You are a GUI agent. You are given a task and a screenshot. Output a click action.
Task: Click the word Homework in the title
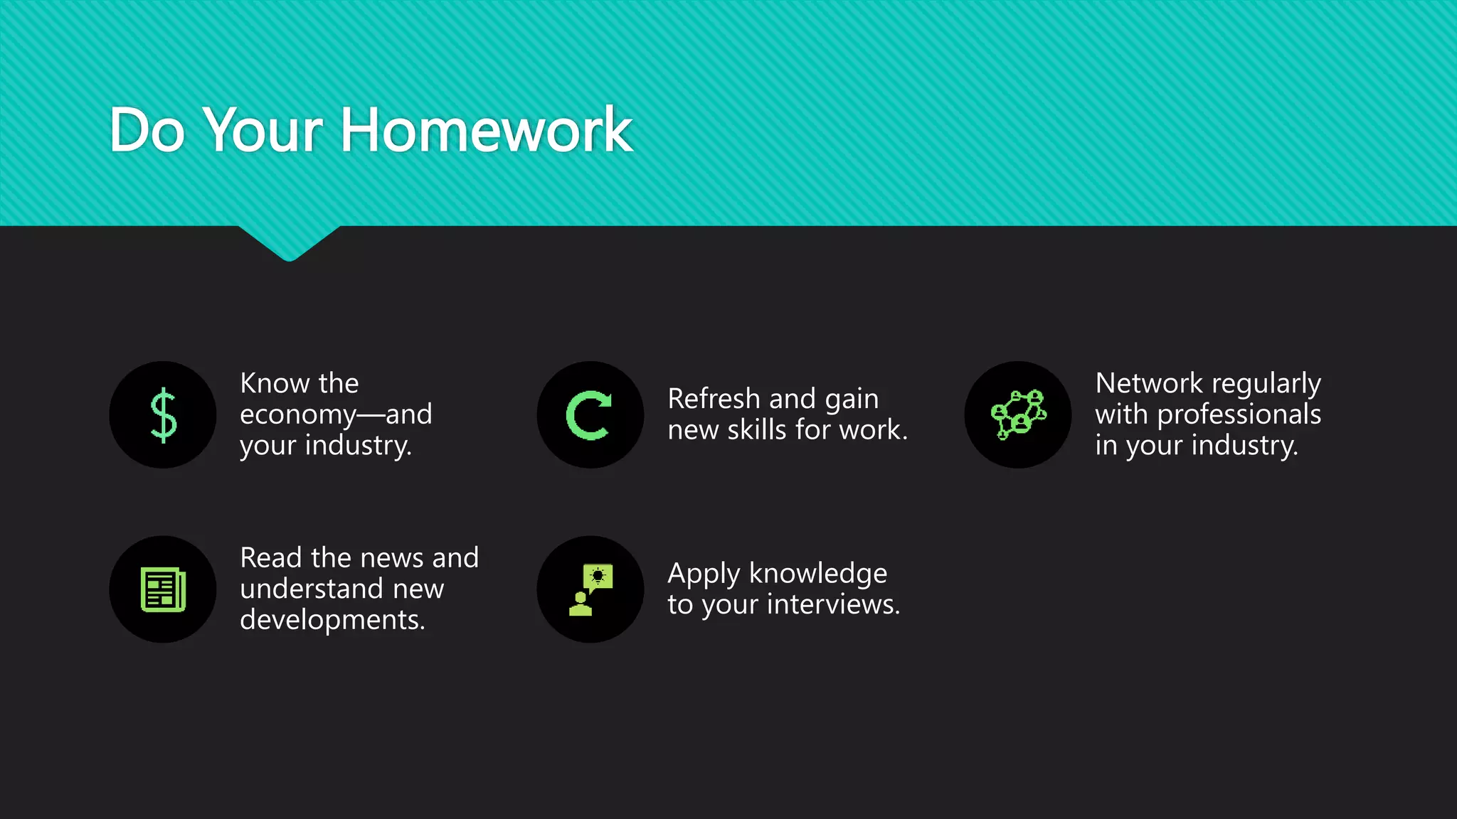[x=487, y=130]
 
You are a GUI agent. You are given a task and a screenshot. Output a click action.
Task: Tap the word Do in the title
[x=147, y=130]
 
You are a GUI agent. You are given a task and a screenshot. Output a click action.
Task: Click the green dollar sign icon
[x=163, y=415]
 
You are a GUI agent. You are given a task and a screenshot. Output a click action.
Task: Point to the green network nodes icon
[x=1018, y=415]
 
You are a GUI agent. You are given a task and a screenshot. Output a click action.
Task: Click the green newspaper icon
[x=163, y=589]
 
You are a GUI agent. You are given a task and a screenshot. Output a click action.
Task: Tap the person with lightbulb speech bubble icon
[x=590, y=589]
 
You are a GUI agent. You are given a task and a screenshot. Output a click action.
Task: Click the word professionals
[x=1239, y=414]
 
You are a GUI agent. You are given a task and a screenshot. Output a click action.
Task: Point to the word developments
[x=332, y=620]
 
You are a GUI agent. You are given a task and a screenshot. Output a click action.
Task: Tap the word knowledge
[x=818, y=573]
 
